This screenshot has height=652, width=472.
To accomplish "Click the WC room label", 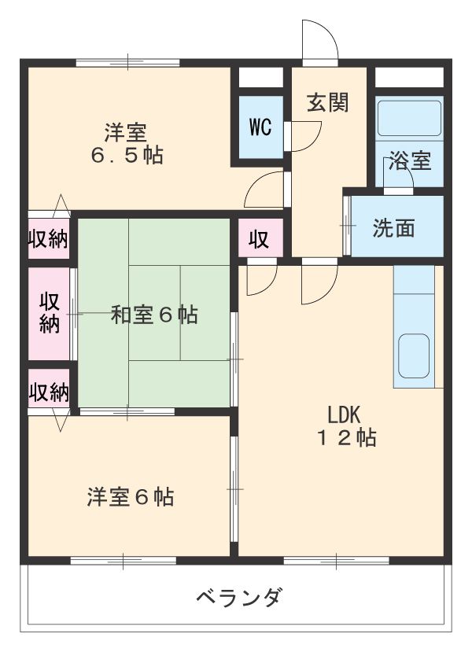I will [x=260, y=127].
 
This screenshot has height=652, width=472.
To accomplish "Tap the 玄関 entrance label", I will [x=327, y=103].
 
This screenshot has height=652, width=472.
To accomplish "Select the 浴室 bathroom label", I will [x=411, y=161].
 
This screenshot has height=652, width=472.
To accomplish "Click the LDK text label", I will [x=344, y=414].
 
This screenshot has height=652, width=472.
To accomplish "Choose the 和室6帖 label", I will [x=153, y=315].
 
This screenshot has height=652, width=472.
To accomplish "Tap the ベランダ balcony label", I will [x=238, y=599].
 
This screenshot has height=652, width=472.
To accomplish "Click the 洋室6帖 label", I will [x=131, y=497].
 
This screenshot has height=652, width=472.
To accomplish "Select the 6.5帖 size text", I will [x=126, y=155].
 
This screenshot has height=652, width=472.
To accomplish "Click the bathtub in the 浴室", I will [x=409, y=118].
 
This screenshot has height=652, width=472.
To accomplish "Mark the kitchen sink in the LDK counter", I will [x=414, y=355].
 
